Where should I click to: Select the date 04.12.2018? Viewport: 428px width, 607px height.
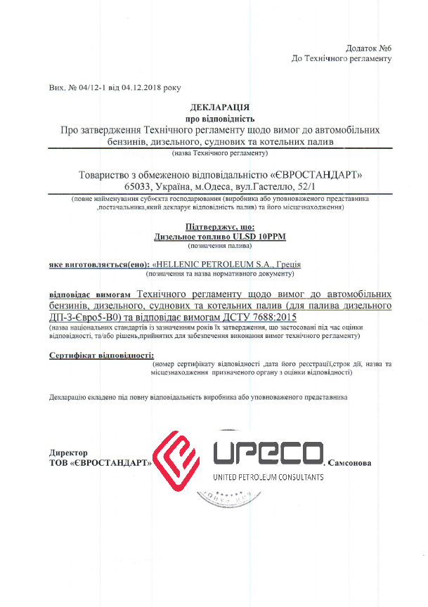point(143,89)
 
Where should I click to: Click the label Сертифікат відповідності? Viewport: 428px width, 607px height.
point(101,356)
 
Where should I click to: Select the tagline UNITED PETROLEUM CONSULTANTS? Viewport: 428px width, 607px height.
point(268,477)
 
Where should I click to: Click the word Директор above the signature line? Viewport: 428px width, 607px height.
point(68,453)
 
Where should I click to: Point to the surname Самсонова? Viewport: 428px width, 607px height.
point(349,463)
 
